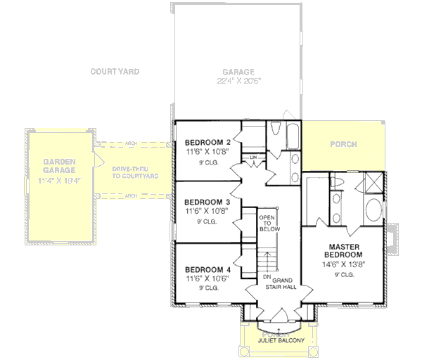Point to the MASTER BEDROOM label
(343, 250)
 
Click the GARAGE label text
(238, 72)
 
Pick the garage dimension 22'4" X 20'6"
(238, 81)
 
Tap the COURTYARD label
(115, 72)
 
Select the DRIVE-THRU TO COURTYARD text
(134, 172)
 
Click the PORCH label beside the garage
(343, 145)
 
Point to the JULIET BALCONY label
(280, 340)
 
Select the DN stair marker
(267, 277)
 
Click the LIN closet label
(252, 157)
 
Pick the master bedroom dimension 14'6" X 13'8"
(343, 265)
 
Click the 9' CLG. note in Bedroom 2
(207, 163)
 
